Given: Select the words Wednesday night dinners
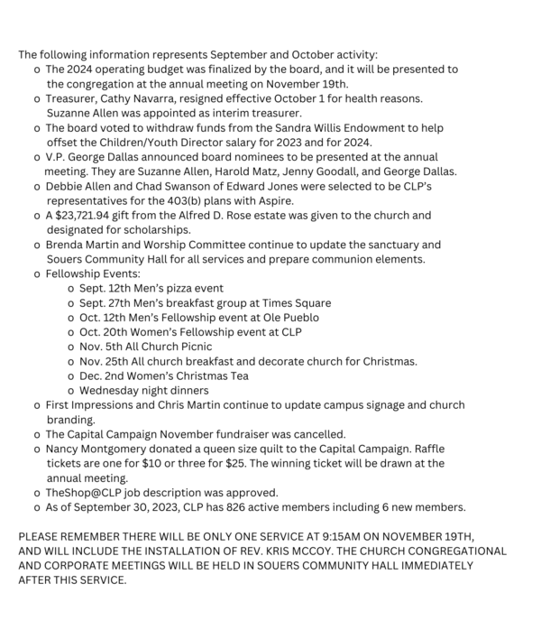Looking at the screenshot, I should [144, 391].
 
